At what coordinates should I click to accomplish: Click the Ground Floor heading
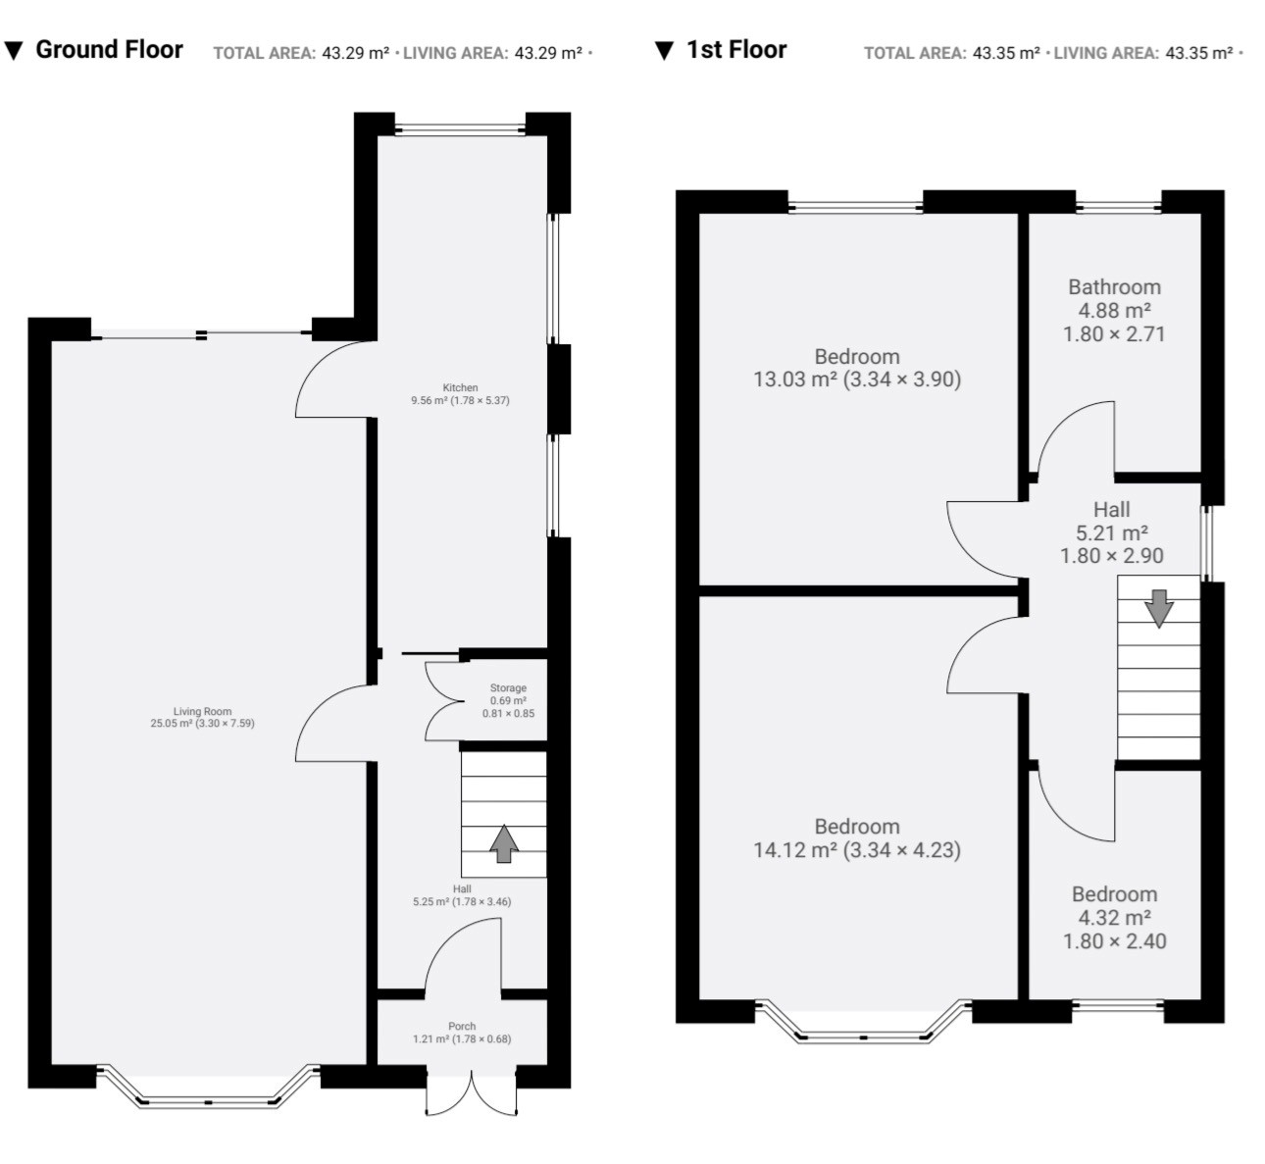[x=109, y=49]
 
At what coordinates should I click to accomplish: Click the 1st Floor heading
[x=736, y=49]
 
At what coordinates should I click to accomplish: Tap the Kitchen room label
[x=460, y=393]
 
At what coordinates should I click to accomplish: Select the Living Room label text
[x=202, y=717]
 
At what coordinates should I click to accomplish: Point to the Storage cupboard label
[x=508, y=700]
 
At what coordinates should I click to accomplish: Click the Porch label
[x=462, y=1033]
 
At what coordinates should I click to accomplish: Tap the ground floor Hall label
[x=462, y=895]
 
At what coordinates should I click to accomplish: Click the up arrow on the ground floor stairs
[x=504, y=843]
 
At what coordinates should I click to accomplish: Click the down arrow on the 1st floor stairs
[x=1159, y=609]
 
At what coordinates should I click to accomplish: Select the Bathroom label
[x=1114, y=311]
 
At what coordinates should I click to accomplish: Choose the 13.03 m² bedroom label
[x=857, y=368]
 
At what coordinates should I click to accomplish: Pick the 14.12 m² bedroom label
[x=857, y=837]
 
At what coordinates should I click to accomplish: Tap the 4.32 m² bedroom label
[x=1115, y=917]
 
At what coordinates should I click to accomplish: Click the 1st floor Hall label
[x=1112, y=532]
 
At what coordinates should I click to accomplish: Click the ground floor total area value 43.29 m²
[x=356, y=53]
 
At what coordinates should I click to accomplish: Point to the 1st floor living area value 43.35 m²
[x=1198, y=53]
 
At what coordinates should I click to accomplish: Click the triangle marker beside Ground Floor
[x=14, y=50]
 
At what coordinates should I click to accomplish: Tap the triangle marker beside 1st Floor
[x=664, y=50]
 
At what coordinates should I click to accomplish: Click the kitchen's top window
[x=460, y=130]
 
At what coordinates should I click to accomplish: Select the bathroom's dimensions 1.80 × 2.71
[x=1114, y=333]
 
